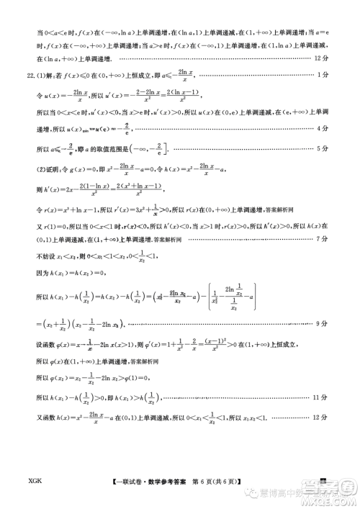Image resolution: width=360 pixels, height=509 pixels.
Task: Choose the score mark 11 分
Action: [322, 397]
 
